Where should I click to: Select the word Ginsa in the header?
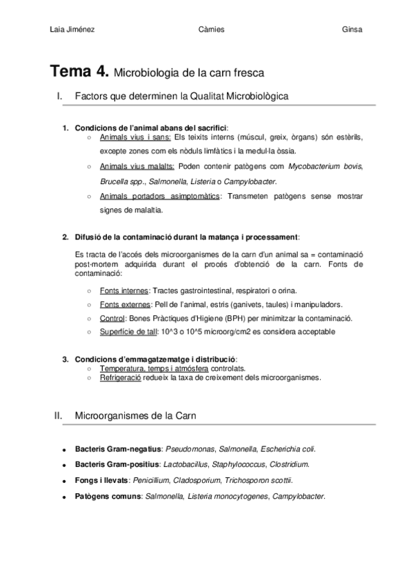pyautogui.click(x=352, y=29)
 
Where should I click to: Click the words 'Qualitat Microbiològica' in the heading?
pyautogui.click(x=239, y=97)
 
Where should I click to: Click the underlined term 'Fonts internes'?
pyautogui.click(x=123, y=290)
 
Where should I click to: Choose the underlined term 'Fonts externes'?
pyautogui.click(x=125, y=304)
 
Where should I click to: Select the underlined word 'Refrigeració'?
pyautogui.click(x=120, y=377)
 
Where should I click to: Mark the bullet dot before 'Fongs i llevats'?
pyautogui.click(x=64, y=481)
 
